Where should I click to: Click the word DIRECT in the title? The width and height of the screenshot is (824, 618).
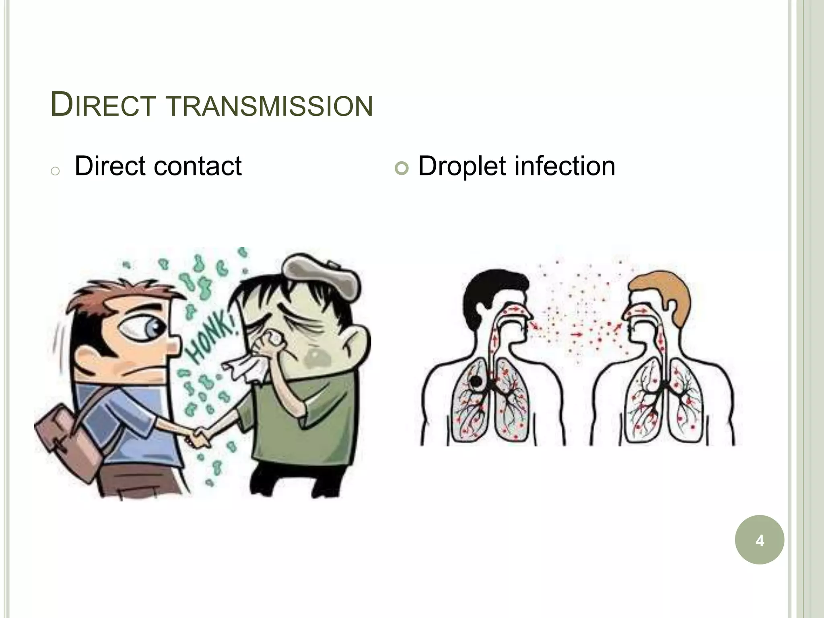point(103,105)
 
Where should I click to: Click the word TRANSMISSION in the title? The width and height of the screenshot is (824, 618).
point(269,106)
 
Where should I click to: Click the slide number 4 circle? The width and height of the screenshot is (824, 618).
point(759,540)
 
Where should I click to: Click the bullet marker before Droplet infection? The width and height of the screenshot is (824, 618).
point(401,168)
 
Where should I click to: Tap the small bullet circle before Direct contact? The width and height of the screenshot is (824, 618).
point(56,171)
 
